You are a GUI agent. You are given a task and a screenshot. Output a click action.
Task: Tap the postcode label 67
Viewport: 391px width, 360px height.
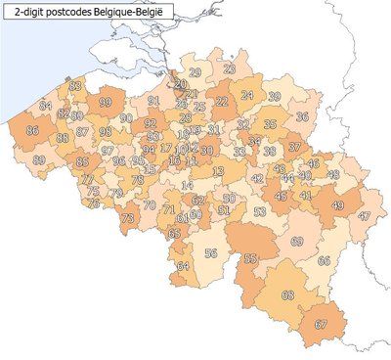pos(320,324)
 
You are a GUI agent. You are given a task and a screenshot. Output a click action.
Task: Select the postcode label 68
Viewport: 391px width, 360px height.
pos(287,294)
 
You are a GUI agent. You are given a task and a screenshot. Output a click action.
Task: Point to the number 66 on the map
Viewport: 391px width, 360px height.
pos(324,260)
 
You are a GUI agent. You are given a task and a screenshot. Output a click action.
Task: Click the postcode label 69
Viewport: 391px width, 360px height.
pos(297,241)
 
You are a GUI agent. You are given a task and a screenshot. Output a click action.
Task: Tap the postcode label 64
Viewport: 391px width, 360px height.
pos(182,265)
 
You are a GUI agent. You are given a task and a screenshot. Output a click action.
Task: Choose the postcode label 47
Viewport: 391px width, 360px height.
pos(365,215)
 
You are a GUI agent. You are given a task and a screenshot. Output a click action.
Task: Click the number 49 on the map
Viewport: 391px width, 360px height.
pos(338,205)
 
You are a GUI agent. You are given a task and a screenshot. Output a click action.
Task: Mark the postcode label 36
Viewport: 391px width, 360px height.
pos(302,117)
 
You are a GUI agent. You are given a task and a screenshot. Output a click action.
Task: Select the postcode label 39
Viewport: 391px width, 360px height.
pos(275,96)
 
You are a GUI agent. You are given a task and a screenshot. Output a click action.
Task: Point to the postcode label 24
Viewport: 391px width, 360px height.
pos(247,95)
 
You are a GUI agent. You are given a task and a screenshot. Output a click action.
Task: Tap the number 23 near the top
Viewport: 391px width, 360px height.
pos(229,67)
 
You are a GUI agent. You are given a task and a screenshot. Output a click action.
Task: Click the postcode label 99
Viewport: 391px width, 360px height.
pos(105,102)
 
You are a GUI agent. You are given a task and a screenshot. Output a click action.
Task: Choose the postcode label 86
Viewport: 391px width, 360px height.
pos(33,130)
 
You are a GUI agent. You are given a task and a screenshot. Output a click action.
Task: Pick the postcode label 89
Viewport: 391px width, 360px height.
pos(39,158)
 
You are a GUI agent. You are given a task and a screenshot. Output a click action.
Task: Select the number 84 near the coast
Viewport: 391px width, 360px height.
pos(45,105)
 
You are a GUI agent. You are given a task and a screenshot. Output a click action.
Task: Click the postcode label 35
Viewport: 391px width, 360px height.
pos(270,124)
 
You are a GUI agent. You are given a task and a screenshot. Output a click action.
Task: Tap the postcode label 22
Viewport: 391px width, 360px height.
pos(222,101)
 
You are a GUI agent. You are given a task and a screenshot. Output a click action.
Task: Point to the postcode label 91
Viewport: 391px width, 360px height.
pos(153,100)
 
